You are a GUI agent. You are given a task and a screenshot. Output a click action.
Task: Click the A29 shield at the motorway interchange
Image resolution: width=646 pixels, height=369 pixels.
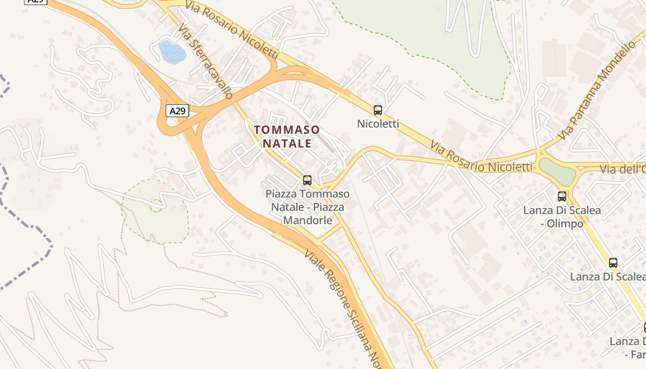(x=177, y=111)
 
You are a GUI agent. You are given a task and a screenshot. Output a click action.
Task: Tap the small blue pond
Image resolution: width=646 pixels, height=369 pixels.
(x=172, y=52)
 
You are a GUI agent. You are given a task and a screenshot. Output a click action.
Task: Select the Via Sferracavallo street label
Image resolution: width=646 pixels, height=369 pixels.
(x=205, y=61)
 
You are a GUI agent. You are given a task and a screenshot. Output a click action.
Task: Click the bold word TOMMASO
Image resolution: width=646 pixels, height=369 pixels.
(x=287, y=130)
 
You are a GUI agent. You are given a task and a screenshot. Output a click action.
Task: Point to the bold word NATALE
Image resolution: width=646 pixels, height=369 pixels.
(x=287, y=143)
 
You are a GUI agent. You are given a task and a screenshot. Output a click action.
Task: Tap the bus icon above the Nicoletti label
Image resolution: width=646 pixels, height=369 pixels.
(x=377, y=110)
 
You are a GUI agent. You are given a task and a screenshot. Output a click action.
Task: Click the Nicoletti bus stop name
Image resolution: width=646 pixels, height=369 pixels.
(x=378, y=124)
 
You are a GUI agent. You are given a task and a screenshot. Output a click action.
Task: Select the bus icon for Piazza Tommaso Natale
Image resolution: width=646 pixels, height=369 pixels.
(x=307, y=180)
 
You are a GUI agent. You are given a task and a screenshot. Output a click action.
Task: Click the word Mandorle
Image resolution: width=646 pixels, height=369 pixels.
(x=307, y=220)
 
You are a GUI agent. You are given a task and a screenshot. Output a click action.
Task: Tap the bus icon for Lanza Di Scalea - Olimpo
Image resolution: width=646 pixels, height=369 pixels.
(x=562, y=196)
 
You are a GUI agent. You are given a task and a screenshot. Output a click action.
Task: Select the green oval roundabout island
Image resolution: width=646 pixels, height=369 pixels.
(x=557, y=172)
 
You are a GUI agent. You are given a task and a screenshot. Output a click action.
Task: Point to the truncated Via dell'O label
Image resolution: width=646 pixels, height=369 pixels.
(x=623, y=169)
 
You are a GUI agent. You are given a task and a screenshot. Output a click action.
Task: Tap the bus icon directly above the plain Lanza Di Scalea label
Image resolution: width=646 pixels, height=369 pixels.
(x=613, y=262)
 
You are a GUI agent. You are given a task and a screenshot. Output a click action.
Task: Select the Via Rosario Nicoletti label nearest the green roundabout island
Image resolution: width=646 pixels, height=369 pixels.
(x=481, y=157)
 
